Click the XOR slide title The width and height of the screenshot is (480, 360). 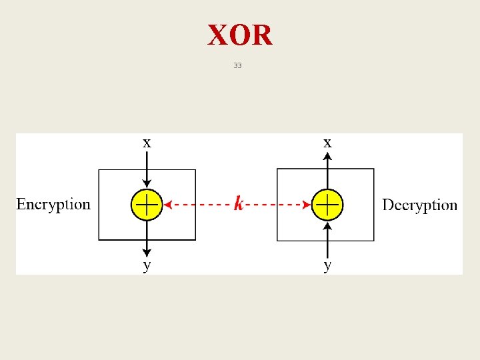(240, 35)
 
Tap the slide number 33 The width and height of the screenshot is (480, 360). (238, 65)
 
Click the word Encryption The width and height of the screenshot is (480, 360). (53, 205)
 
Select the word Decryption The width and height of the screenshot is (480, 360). (419, 205)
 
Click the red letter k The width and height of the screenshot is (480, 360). (239, 203)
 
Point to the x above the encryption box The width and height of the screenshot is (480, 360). (147, 142)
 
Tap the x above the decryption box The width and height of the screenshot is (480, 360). (327, 142)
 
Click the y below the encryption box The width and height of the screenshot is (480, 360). (147, 265)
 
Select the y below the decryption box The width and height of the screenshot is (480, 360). (327, 265)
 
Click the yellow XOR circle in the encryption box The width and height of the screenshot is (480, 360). (147, 204)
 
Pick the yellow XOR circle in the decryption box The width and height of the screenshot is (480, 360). (327, 204)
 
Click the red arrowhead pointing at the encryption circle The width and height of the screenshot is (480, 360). (167, 205)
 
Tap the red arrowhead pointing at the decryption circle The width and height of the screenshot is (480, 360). (307, 205)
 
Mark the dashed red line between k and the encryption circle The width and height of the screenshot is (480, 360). (200, 205)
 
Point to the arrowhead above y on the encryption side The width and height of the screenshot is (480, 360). (147, 253)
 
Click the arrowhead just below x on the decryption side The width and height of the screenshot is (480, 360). (327, 156)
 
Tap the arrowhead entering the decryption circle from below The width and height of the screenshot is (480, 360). (327, 224)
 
